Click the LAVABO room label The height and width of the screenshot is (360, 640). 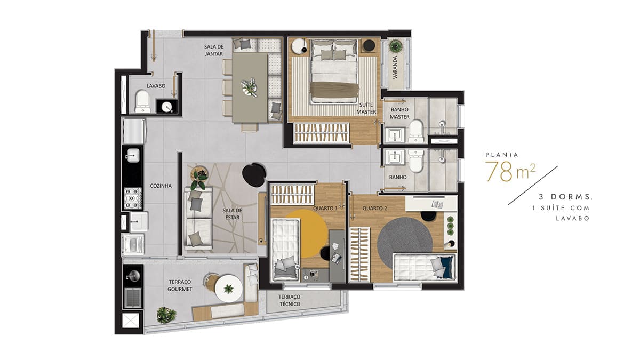[156, 86]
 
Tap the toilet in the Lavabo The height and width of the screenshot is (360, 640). [142, 101]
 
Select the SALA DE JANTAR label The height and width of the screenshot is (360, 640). [214, 50]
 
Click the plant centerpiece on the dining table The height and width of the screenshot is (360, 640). [250, 87]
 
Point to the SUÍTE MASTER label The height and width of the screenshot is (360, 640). [366, 109]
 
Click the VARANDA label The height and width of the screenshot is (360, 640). [395, 67]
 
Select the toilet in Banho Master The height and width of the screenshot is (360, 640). [415, 131]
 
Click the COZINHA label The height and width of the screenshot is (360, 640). [161, 186]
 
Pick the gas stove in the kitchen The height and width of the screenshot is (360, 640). [133, 198]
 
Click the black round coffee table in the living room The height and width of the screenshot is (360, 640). [254, 175]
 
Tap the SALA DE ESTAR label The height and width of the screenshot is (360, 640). [233, 214]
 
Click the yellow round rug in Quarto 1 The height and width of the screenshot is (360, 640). [307, 234]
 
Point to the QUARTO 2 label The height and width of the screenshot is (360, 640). [374, 209]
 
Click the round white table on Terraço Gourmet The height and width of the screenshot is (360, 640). [229, 289]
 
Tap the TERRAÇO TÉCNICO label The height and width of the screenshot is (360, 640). [290, 300]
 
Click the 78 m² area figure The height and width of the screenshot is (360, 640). [510, 171]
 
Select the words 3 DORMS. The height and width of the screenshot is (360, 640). [565, 197]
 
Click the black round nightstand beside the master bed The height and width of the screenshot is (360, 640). [369, 45]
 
